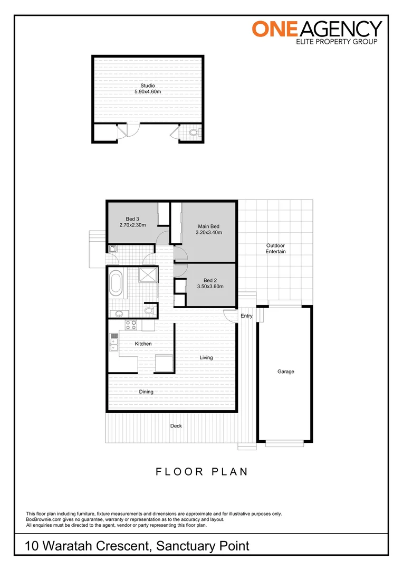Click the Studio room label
point(147,85)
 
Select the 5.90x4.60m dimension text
point(147,92)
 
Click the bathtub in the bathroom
point(116,284)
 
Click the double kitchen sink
point(113,341)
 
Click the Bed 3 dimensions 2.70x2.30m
point(132,225)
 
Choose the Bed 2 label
point(209,280)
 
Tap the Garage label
point(285,372)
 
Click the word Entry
point(246,316)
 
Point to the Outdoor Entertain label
point(275,249)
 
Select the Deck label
point(176,426)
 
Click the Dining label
point(146,392)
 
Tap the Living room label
point(206,357)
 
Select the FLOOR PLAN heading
point(201,472)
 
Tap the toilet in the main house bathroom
point(150,311)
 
